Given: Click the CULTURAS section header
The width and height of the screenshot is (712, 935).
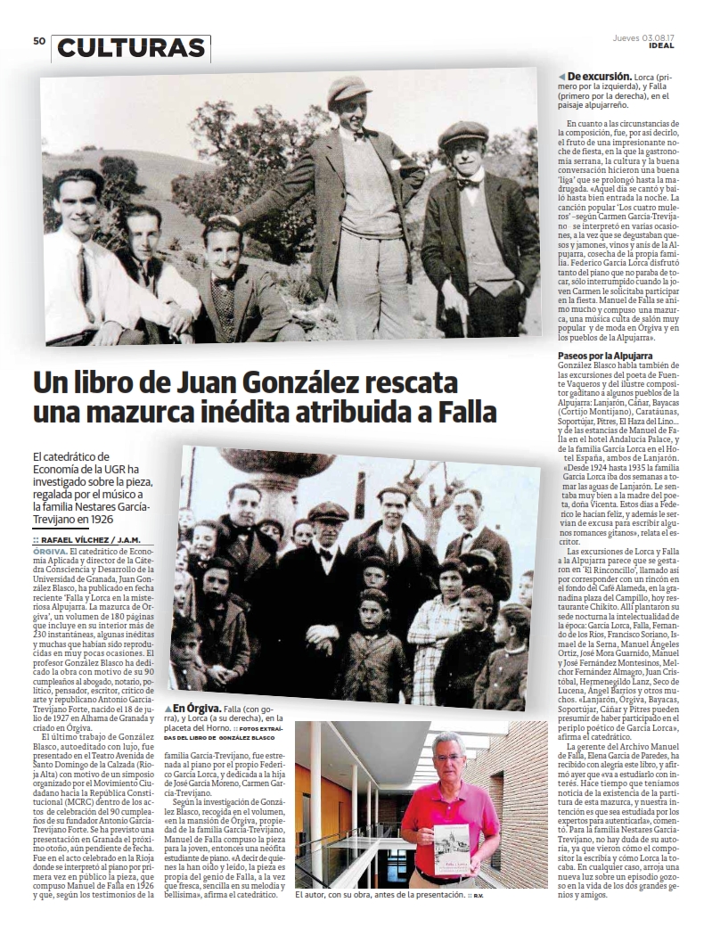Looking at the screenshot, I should (x=130, y=48).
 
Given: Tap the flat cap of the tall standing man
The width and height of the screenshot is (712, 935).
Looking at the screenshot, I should (x=349, y=90).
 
